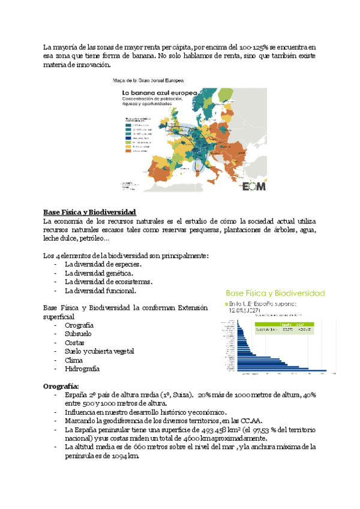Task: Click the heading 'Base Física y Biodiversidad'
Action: (90, 212)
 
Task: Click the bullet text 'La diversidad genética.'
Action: (99, 273)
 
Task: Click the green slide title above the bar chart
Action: (275, 294)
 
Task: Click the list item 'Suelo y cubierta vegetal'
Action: (99, 351)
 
